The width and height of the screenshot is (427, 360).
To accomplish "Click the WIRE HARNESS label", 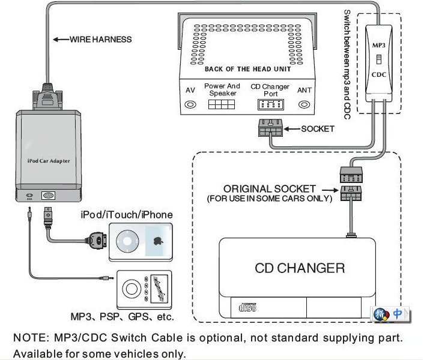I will point(101,40).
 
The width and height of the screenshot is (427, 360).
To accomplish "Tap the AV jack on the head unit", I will point(190,104).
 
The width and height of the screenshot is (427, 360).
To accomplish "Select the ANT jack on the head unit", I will point(304,104).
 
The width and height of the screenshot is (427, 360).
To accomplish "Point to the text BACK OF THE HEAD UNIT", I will point(247,69).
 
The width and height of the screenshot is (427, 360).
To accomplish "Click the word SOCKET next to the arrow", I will point(317,128).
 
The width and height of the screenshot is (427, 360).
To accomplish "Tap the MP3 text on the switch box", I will point(378,44).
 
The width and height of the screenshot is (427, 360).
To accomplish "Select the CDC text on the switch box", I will point(378,75).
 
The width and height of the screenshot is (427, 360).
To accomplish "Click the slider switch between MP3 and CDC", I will point(378,59).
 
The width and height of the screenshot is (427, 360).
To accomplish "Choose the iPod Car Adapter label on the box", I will point(49,160).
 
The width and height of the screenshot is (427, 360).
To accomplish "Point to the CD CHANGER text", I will point(300,268).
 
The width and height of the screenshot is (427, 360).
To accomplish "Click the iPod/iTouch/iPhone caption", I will point(127,215).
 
